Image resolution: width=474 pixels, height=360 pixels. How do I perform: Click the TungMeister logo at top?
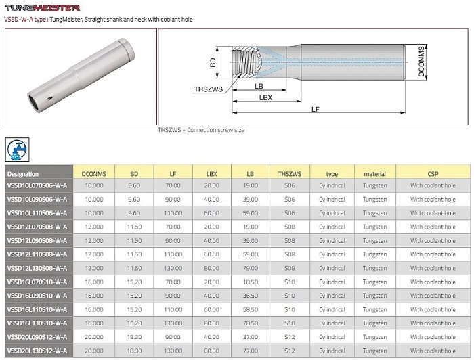[x=42, y=7]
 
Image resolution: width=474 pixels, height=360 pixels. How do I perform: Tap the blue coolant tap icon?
[x=17, y=150]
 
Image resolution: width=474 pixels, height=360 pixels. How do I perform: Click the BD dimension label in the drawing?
[x=213, y=62]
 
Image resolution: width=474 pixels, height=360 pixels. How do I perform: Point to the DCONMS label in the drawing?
[x=421, y=62]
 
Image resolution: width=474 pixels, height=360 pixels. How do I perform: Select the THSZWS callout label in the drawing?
[x=209, y=89]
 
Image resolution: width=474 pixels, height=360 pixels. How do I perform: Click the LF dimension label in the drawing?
[x=315, y=109]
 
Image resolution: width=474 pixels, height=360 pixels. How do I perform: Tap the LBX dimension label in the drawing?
[x=265, y=97]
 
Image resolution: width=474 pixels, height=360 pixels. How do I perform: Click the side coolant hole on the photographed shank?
[x=49, y=98]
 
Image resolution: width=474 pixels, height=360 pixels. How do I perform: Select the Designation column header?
[x=23, y=174]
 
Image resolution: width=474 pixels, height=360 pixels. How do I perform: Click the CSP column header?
[x=433, y=174]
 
